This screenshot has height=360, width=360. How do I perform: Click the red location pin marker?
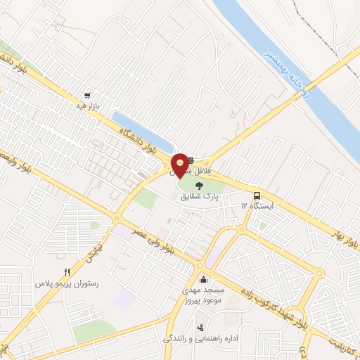[x=181, y=165]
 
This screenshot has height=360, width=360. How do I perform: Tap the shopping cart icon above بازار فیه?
[x=87, y=96]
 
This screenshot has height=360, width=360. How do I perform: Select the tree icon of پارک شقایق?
[x=199, y=186]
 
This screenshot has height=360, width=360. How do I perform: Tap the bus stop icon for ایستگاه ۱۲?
[x=256, y=196]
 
